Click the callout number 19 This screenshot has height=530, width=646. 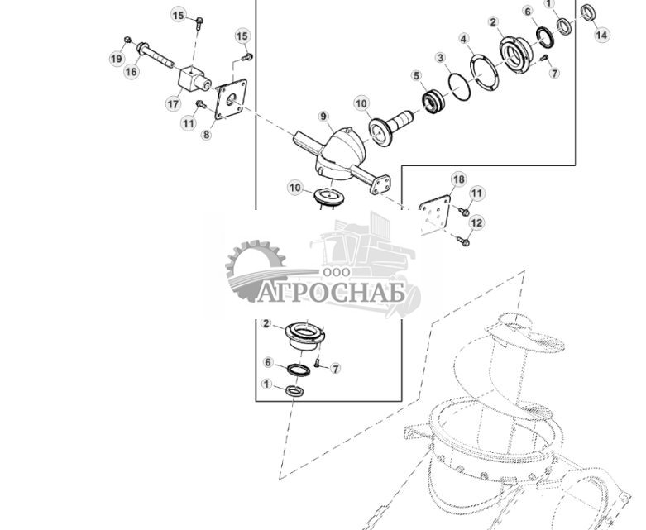coord(117,59)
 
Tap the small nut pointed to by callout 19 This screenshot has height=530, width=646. coord(127,40)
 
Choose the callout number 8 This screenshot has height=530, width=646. coord(206,135)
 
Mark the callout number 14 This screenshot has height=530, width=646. coord(601,35)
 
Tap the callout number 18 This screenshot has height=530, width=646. coord(458,179)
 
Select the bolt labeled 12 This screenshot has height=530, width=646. coord(462,241)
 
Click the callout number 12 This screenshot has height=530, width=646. coord(476,223)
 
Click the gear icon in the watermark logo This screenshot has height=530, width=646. coord(252,266)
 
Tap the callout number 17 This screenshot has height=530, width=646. coord(173,104)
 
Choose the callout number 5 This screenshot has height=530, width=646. coord(417,76)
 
